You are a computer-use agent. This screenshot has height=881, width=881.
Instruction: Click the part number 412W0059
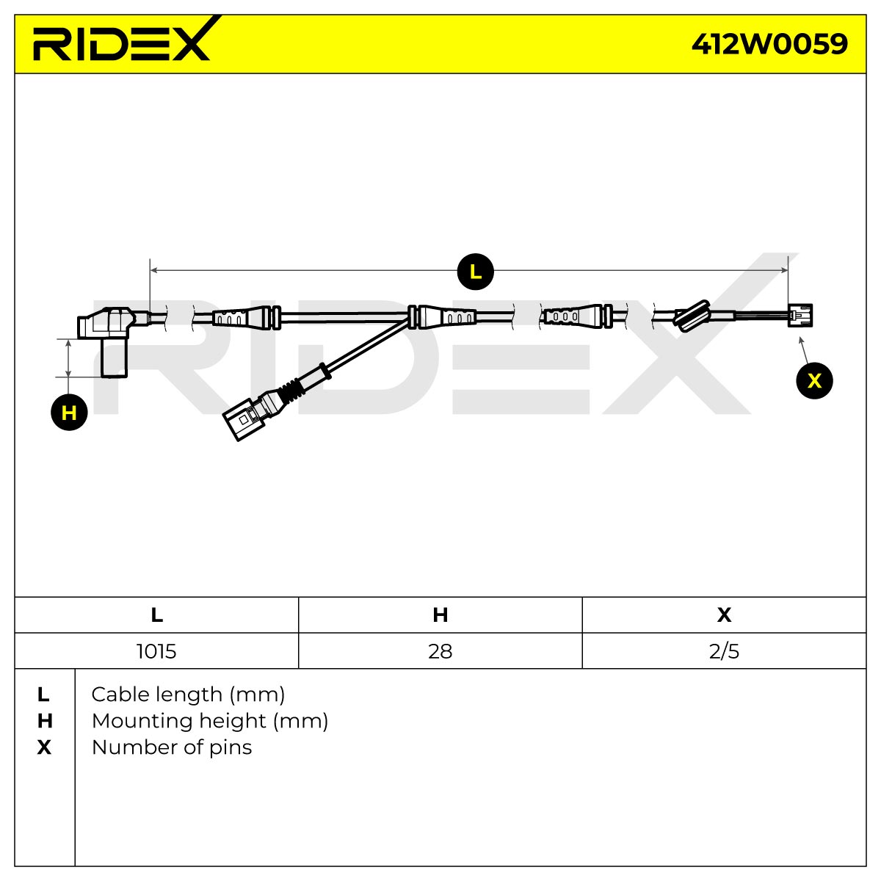coord(769,44)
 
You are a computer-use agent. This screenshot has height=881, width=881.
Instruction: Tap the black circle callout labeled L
coord(475,272)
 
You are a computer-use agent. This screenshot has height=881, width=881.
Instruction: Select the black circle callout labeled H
coord(69,413)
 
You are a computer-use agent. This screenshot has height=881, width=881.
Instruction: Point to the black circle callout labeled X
coord(814,380)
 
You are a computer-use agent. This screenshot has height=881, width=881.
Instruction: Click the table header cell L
coord(156,615)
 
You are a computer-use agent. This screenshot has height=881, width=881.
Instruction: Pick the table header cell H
coord(440,615)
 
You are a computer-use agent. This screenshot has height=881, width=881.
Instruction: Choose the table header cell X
coord(724,615)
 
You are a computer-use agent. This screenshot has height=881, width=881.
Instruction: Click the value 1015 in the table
coord(156,651)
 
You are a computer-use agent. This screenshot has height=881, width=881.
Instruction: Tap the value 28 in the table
coord(440,651)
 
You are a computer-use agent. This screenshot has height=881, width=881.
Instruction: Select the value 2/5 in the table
coord(724,651)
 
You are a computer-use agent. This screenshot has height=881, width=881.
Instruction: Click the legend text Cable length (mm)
coord(188,695)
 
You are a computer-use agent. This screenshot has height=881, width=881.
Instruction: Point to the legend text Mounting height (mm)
coord(210,722)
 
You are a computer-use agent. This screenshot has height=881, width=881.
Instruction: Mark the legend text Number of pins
coord(172,747)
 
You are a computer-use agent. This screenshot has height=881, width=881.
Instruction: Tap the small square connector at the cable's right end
coord(800,315)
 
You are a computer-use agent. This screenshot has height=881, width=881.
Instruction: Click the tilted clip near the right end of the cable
coord(692,316)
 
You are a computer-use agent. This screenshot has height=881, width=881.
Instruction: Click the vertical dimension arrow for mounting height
coord(68,358)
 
